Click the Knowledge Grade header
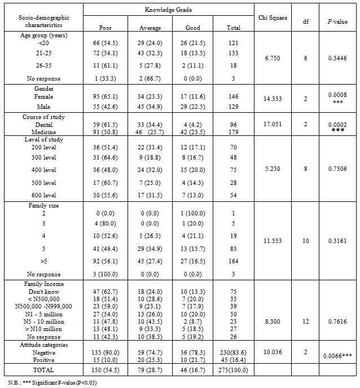pos(169,10)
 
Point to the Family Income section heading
pos(44,284)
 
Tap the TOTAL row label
pos(43,370)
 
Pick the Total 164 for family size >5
pos(233,261)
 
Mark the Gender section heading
pos(43,89)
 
